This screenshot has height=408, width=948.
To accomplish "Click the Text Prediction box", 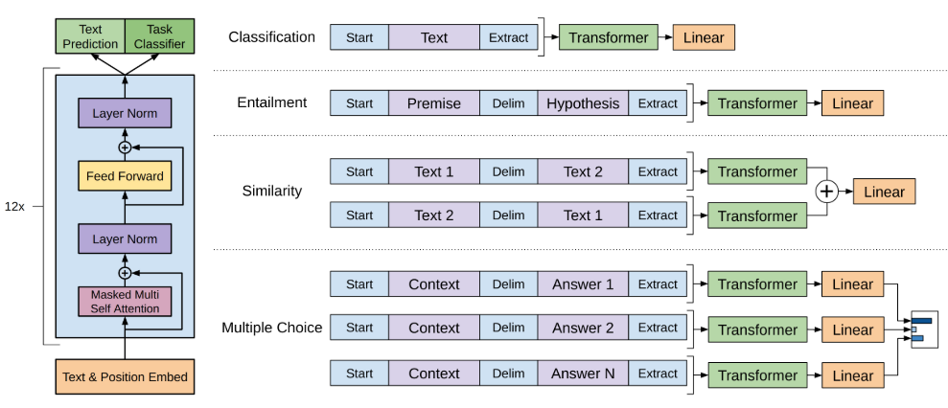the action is point(90,36).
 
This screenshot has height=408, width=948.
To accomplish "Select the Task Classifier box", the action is point(160,36).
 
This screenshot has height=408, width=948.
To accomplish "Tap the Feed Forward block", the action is point(126,176).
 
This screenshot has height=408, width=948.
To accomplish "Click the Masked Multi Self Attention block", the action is point(126,302).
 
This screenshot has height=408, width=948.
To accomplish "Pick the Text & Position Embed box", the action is point(126,376).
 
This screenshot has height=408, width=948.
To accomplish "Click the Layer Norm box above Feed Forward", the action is point(126,113).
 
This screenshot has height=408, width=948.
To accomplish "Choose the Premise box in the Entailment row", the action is point(434,103).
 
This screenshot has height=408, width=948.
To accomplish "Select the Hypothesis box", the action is point(583,103).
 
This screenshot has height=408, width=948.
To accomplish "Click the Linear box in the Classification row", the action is point(704,37).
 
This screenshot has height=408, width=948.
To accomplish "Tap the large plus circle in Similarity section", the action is point(826,193).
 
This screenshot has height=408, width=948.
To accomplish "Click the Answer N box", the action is point(583,374).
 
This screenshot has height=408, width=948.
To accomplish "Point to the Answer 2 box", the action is point(583,328).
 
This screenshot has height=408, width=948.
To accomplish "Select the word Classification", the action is point(271,37).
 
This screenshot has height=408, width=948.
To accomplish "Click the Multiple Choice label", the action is point(271,328).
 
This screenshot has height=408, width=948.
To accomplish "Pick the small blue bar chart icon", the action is point(922,329).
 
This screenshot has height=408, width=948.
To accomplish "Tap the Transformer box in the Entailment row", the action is point(757,103).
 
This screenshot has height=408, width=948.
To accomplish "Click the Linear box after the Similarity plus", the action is point(884,193).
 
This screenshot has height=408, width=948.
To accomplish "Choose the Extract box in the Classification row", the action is point(508,37).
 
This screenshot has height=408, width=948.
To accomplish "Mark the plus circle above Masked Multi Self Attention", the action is point(126,273).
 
